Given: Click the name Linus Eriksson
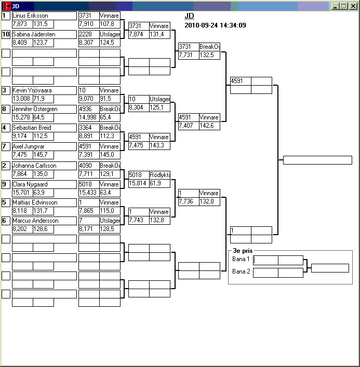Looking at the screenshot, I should [x=30, y=16].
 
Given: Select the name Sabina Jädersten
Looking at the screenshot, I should [x=34, y=34].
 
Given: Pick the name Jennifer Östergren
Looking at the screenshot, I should [x=35, y=109].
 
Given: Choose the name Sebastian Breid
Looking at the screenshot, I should [x=32, y=128].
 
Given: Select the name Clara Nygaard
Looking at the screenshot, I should [x=30, y=184].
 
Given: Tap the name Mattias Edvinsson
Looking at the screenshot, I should [x=35, y=202].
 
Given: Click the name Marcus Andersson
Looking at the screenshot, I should [x=35, y=221].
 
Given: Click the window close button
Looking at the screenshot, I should [x=353, y=6].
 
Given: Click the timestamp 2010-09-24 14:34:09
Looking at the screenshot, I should [x=215, y=25].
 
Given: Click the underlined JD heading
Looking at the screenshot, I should [x=189, y=16].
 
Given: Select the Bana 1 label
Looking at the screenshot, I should [x=241, y=259].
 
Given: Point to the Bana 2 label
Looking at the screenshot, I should [x=241, y=271].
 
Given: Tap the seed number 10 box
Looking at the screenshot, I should [x=6, y=34].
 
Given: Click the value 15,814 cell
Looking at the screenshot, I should [x=138, y=183].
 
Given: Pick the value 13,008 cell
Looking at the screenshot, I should [x=22, y=99].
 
